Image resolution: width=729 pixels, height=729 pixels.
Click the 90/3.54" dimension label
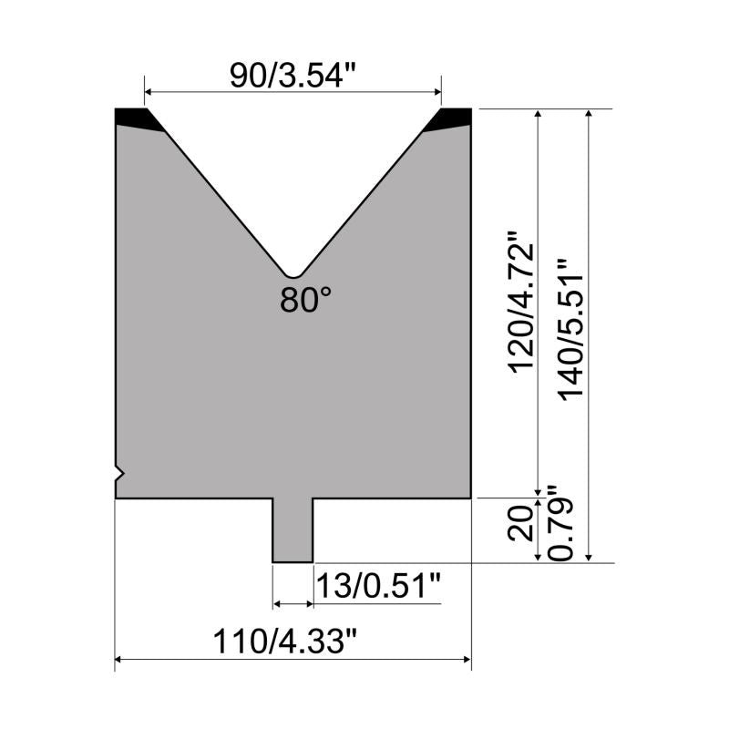293,76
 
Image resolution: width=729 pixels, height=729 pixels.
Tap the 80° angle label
305,300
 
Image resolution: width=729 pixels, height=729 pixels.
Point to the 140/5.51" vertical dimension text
571,329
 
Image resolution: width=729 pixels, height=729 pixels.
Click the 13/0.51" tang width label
378,586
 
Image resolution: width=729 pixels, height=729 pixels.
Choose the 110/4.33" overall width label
285,642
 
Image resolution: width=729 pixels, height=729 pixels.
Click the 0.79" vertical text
560,523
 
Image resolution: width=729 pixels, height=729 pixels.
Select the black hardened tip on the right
447,119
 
